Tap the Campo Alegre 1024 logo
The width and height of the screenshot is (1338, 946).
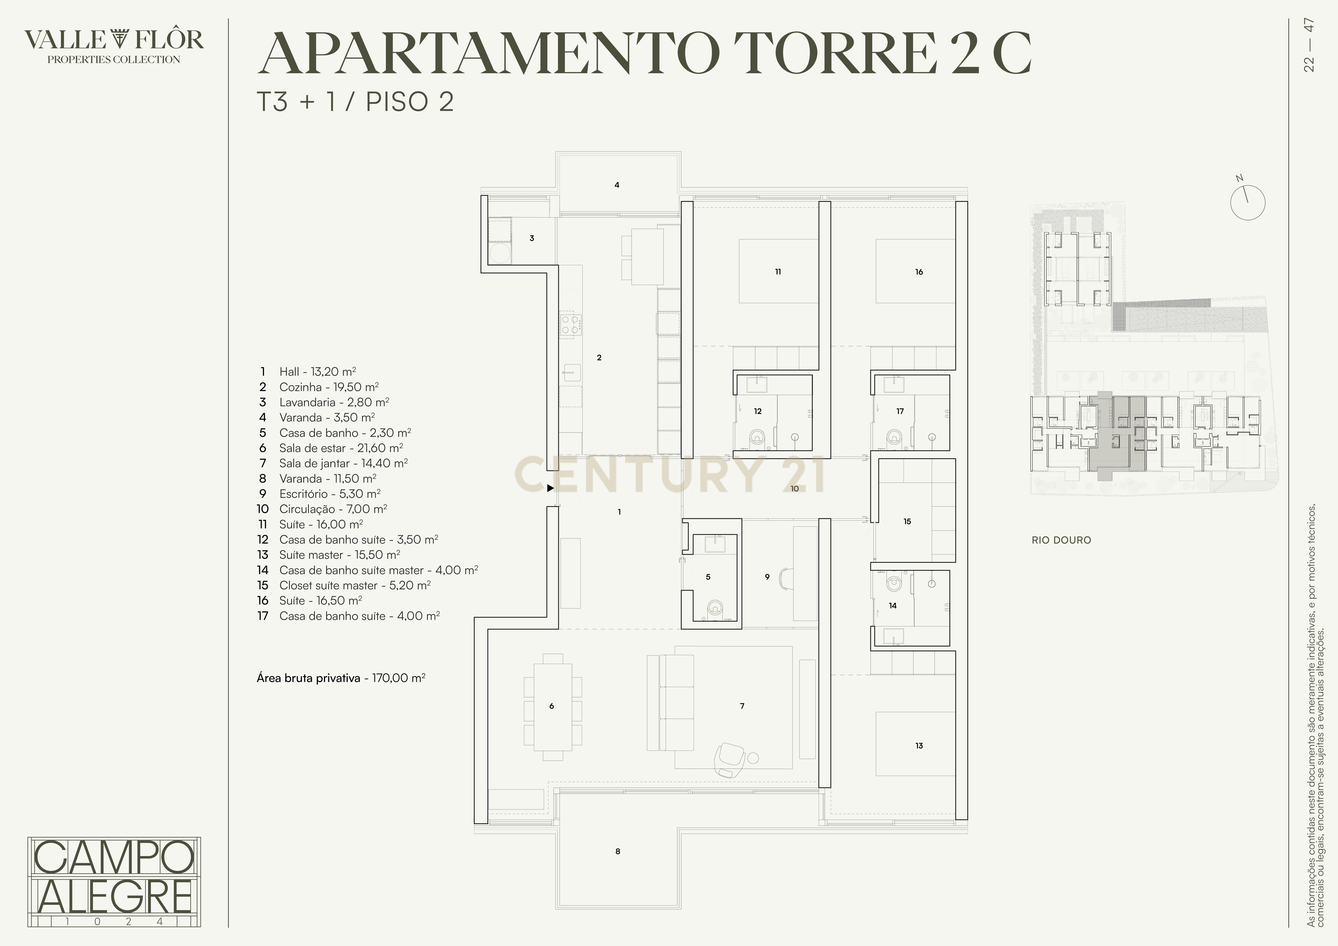point(114,881)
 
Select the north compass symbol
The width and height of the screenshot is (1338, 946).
point(1248,202)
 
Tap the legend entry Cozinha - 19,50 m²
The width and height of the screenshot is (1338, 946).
point(329,387)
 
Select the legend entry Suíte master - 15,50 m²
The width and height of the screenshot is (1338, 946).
point(339,555)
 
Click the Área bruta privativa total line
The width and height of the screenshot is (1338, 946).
point(341,678)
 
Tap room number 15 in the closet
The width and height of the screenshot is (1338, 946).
point(907,522)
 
